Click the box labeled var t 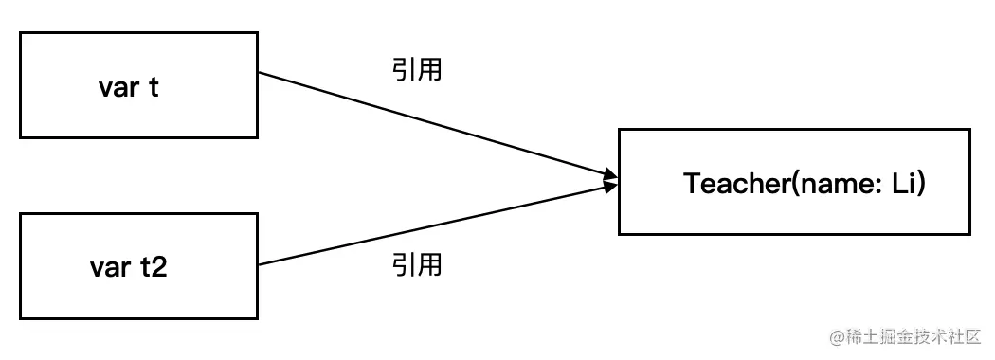pyautogui.click(x=138, y=86)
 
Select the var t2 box pyautogui.click(x=138, y=266)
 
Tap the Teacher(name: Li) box pyautogui.click(x=794, y=182)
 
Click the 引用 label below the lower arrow pyautogui.click(x=417, y=265)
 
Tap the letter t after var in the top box pyautogui.click(x=154, y=87)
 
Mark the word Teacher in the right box pyautogui.click(x=730, y=183)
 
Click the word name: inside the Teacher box pyautogui.click(x=841, y=183)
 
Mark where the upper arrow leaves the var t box pyautogui.click(x=259, y=73)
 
